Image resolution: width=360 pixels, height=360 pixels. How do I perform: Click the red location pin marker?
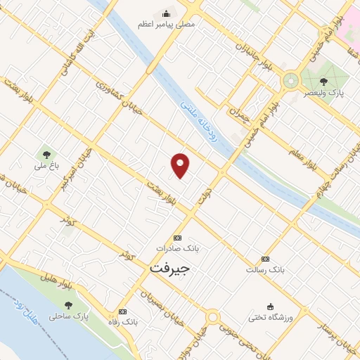pos(181,165)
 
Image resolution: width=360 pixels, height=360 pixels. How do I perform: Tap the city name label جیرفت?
pos(169,269)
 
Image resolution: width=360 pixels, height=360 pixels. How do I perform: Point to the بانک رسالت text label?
pos(265,269)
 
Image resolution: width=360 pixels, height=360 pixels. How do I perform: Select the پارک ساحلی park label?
pos(69,316)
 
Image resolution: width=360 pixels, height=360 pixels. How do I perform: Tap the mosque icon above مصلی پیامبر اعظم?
pos(166,13)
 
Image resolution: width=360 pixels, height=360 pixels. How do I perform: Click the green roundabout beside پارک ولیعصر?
pos(290,82)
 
